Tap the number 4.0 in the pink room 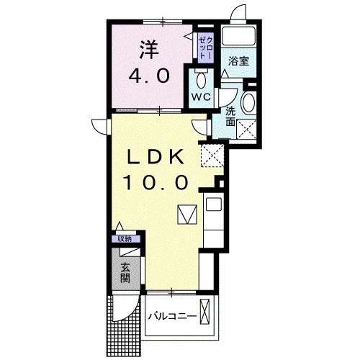149,75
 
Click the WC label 200,96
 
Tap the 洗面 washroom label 230,117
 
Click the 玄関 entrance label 125,272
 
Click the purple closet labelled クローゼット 204,45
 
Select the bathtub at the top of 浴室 239,37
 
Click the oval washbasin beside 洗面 249,102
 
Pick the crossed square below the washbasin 249,129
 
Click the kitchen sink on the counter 213,204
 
